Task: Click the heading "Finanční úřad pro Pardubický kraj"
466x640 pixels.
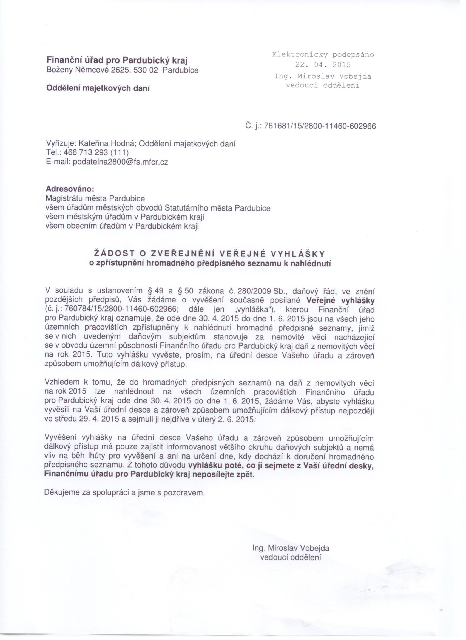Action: tap(117, 60)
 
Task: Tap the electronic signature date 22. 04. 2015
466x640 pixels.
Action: tap(323, 65)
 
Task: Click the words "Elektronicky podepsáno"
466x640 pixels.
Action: tap(323, 55)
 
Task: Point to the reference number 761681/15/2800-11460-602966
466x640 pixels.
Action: tap(320, 126)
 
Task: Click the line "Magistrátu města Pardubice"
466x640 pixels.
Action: tap(95, 198)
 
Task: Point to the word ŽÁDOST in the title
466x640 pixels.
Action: tap(113, 254)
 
